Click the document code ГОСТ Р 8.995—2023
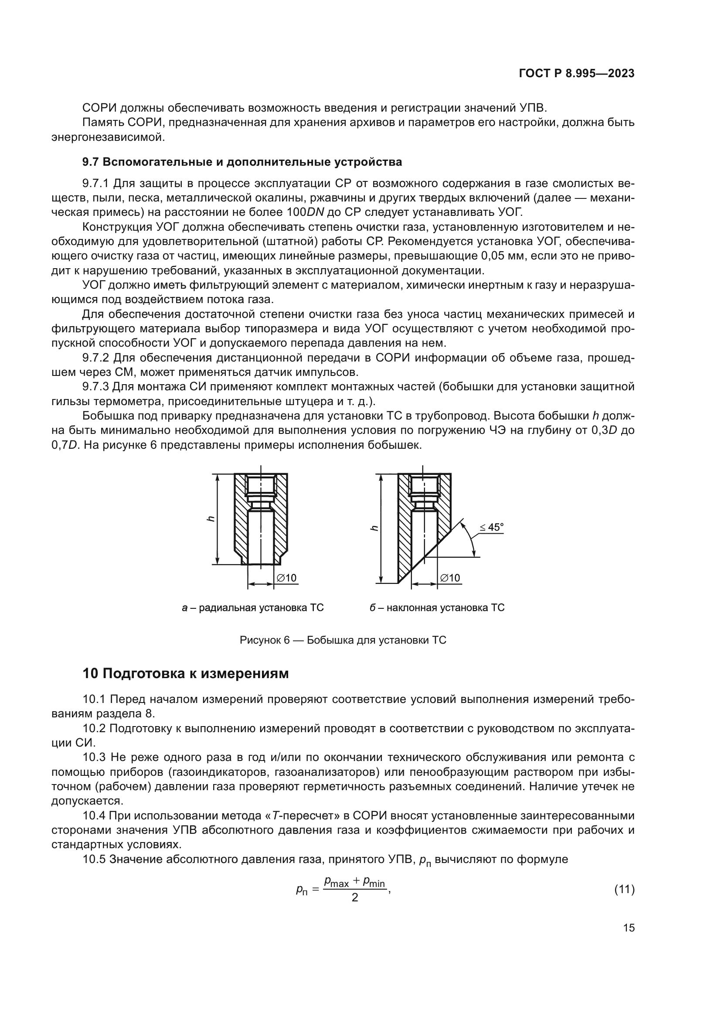(x=576, y=74)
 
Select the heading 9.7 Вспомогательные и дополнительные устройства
(x=242, y=162)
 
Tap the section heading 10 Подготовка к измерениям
(x=186, y=673)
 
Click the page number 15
(x=629, y=928)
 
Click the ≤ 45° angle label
(x=491, y=527)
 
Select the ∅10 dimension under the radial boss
(x=286, y=578)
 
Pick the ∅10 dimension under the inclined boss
(x=450, y=578)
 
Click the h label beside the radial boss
(x=211, y=519)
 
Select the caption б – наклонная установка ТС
(x=437, y=608)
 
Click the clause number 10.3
(x=94, y=757)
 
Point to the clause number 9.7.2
(x=97, y=358)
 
